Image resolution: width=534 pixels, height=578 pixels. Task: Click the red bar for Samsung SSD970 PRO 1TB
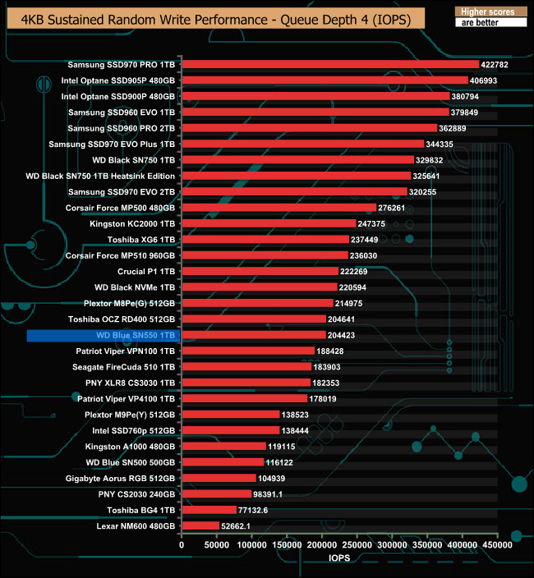[329, 64]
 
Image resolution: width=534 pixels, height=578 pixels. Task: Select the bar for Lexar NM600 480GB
[200, 525]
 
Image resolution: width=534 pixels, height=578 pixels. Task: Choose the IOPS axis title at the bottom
[339, 558]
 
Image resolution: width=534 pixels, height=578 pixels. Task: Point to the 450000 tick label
[496, 544]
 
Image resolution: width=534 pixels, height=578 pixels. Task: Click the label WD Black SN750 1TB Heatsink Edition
[100, 176]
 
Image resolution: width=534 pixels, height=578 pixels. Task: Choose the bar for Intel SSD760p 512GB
[230, 430]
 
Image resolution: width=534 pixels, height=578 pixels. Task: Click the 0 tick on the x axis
[182, 544]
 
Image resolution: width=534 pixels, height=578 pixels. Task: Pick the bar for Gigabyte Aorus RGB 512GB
[218, 478]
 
